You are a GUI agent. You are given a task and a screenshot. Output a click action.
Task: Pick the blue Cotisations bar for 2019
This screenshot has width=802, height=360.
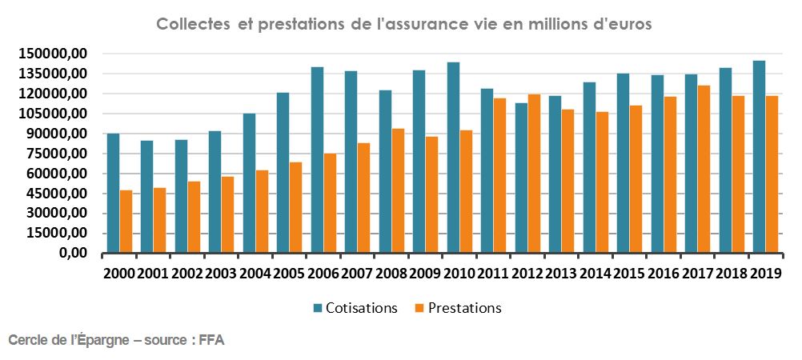pos(759,157)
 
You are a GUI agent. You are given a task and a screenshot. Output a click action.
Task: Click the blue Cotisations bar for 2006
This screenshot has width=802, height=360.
pos(317,160)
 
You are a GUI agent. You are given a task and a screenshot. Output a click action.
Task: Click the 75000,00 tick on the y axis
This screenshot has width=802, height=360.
pos(55,154)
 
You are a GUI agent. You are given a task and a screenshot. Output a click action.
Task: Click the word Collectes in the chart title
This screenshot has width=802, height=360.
pos(191,24)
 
